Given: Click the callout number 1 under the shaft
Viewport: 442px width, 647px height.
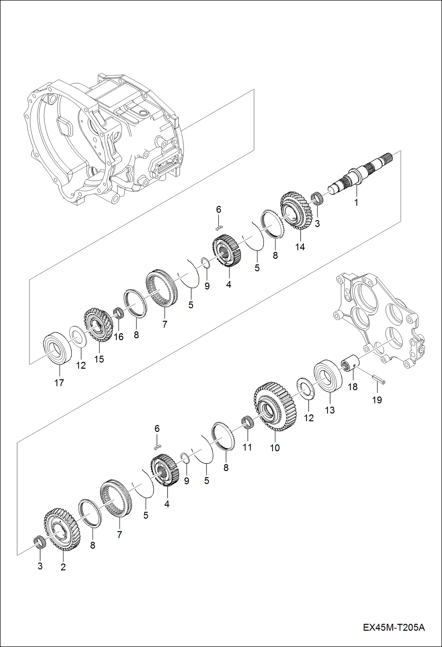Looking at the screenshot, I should [x=356, y=202].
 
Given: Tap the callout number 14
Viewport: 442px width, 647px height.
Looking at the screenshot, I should [x=300, y=247].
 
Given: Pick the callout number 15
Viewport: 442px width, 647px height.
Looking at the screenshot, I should [x=99, y=359].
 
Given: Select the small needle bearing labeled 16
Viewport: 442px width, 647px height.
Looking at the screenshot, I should [x=118, y=313].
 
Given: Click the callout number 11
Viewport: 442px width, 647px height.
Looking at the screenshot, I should [x=247, y=447].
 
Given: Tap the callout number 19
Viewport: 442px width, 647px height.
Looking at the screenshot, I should [x=377, y=400].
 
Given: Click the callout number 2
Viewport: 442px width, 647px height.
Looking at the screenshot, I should [x=63, y=567].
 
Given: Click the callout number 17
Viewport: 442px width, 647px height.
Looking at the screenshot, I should [x=59, y=383].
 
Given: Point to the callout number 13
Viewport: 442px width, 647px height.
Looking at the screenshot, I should [x=330, y=410].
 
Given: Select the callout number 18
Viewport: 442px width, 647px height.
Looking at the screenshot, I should [x=353, y=386].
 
